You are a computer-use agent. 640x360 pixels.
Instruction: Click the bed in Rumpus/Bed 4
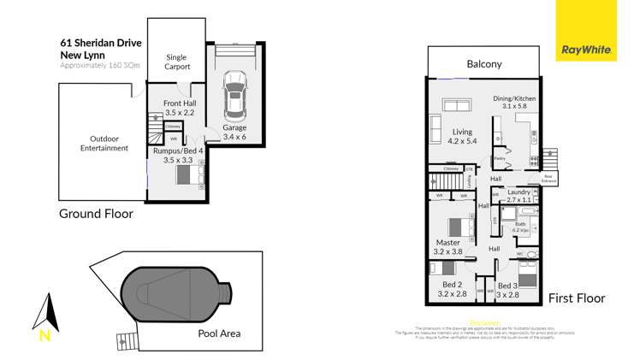click(x=183, y=175)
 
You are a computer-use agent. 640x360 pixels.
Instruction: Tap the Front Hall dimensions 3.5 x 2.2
click(x=180, y=112)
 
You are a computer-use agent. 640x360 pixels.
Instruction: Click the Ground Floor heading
click(x=95, y=214)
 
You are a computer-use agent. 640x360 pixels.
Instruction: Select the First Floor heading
click(x=576, y=298)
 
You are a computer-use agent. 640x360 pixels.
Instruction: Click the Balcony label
click(x=483, y=64)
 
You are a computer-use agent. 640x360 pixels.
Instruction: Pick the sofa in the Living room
click(x=457, y=106)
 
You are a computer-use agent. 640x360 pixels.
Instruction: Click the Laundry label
click(x=519, y=192)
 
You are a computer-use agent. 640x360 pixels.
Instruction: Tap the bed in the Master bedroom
click(x=459, y=227)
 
